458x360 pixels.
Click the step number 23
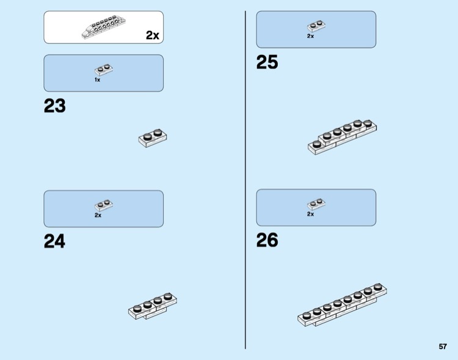(54, 106)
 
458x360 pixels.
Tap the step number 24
(54, 241)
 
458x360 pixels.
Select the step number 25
(267, 62)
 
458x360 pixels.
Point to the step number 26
(267, 240)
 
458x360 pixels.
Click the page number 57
(443, 347)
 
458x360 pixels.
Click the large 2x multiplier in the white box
(153, 35)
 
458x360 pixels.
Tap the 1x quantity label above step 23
(97, 80)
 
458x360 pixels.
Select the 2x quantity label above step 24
(98, 215)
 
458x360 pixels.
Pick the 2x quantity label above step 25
(310, 36)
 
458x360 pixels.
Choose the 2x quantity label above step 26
(310, 214)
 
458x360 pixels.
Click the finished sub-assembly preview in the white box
(104, 27)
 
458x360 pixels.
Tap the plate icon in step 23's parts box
(104, 70)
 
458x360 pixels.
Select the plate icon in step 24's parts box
(104, 205)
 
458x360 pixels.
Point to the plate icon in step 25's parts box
(316, 26)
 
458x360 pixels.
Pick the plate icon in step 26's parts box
(316, 204)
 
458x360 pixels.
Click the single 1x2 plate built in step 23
(153, 138)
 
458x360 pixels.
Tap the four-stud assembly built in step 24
(153, 306)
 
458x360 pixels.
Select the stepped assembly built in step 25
(342, 137)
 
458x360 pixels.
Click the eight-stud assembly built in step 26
(343, 305)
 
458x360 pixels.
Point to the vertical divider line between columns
(245, 180)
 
